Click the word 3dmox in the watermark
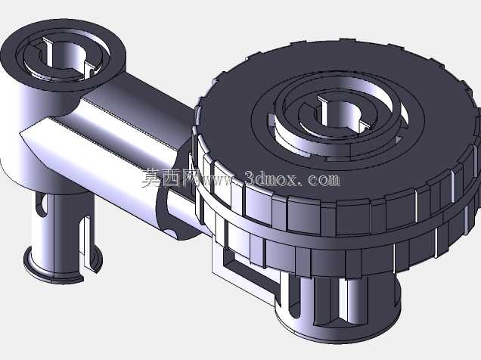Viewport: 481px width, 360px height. [x=271, y=178]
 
